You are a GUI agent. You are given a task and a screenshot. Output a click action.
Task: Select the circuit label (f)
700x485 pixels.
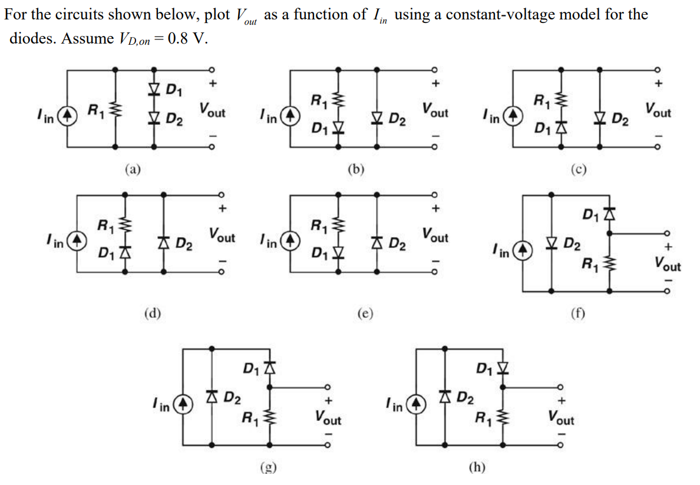[578, 312]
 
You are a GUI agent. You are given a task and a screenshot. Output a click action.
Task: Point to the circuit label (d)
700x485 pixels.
[153, 313]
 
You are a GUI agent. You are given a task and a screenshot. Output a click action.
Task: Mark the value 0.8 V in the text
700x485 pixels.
[187, 39]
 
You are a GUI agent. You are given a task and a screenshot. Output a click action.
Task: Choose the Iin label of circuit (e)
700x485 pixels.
[269, 241]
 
